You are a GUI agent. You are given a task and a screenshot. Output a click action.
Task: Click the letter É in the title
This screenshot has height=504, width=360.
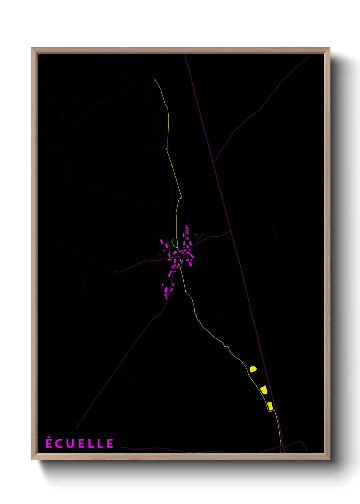click(x=49, y=443)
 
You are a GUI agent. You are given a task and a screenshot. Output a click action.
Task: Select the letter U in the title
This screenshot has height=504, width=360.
click(x=70, y=443)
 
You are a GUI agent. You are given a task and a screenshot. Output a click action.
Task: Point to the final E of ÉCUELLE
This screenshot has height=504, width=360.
click(x=110, y=443)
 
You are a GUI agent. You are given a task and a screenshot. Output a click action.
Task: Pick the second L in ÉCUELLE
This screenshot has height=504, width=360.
click(x=100, y=443)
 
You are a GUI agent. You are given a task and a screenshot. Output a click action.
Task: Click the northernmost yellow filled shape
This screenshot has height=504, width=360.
click(x=253, y=368)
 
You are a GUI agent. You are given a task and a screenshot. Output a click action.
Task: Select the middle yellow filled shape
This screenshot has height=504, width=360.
click(x=264, y=390)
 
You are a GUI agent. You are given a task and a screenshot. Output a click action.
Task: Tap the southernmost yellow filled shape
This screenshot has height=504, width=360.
click(x=270, y=406)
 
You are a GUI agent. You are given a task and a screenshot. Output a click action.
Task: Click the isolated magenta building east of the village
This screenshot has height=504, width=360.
click(x=196, y=235)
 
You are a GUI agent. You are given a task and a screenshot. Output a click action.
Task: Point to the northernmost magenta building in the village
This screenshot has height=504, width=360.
click(x=186, y=227)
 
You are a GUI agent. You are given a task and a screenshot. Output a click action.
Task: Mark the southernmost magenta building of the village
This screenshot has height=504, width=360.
click(x=166, y=297)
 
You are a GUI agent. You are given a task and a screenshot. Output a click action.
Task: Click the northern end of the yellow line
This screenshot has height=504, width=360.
click(x=155, y=80)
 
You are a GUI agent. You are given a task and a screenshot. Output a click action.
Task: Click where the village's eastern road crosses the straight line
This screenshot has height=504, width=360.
click(x=231, y=231)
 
